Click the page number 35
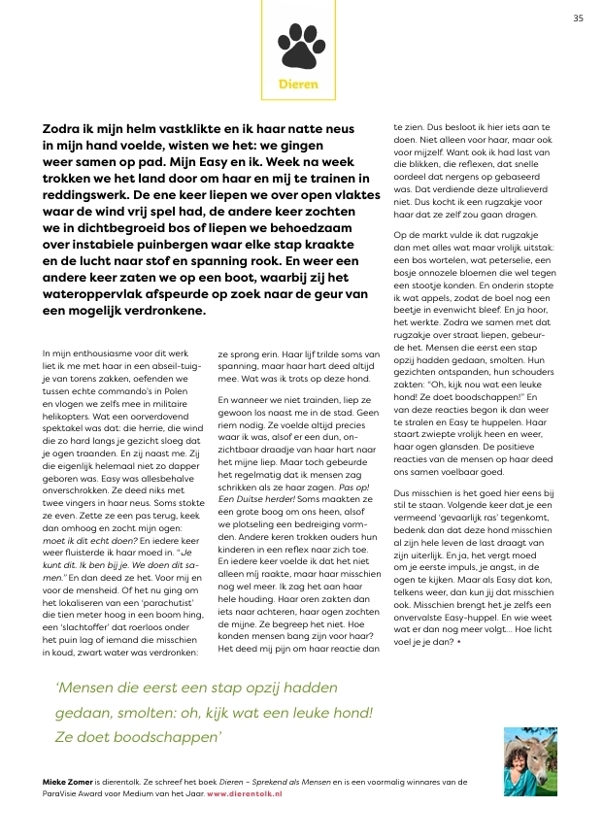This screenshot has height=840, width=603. (x=578, y=17)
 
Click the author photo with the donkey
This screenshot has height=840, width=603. (x=529, y=762)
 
